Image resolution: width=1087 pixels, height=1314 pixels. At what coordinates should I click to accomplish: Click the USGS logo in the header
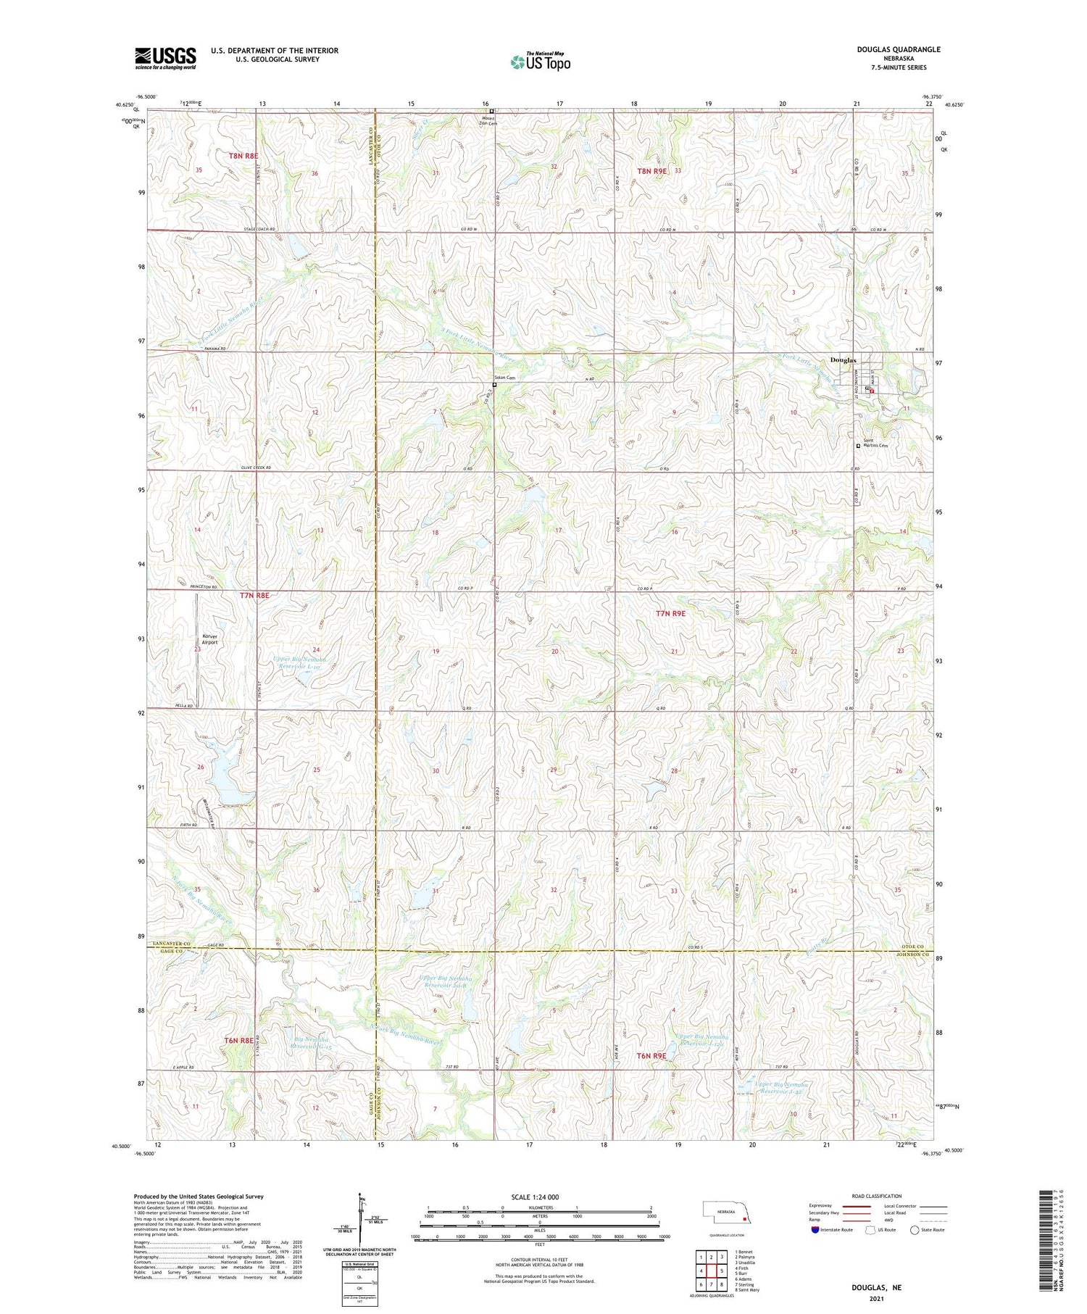pos(165,58)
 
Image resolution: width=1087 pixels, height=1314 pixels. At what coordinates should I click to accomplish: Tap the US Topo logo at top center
pos(540,62)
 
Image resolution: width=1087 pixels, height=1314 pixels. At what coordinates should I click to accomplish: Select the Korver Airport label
pos(209,639)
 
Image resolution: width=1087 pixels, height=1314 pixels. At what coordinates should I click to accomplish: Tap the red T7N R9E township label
pos(670,613)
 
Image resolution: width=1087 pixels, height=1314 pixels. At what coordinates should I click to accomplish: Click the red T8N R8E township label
pos(244,156)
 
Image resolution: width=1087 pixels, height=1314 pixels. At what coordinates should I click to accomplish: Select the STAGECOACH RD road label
pos(258,229)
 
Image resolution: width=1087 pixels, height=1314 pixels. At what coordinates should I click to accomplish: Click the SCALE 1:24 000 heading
pos(539,1197)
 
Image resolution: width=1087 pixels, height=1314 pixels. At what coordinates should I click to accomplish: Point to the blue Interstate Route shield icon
pos(815,1229)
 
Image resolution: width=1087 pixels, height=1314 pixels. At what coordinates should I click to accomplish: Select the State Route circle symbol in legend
pos(915,1229)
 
